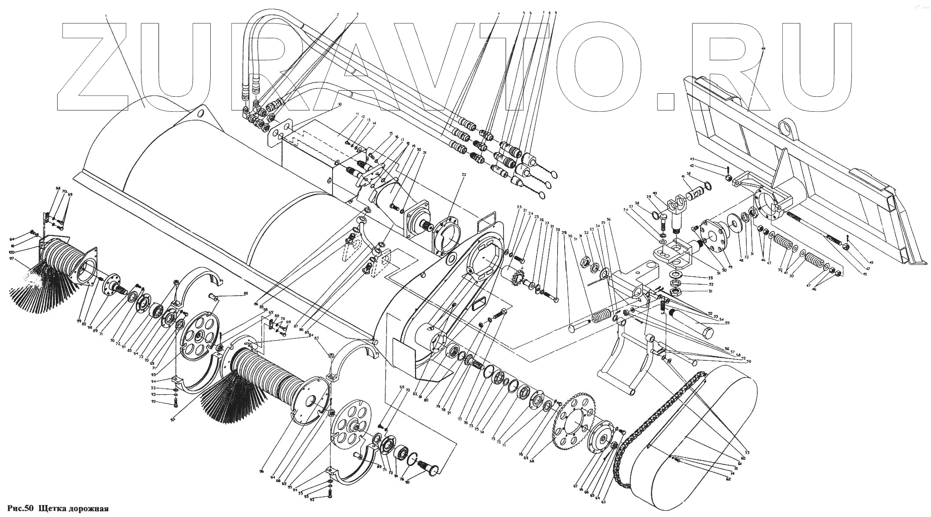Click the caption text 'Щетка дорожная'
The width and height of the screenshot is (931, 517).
click(73, 509)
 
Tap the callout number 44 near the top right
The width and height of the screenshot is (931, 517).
click(763, 48)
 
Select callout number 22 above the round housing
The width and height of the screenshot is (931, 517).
click(451, 175)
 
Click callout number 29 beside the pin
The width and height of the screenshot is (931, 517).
click(564, 232)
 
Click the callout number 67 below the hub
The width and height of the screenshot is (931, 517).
click(576, 486)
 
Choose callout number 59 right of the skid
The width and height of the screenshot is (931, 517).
click(748, 362)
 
